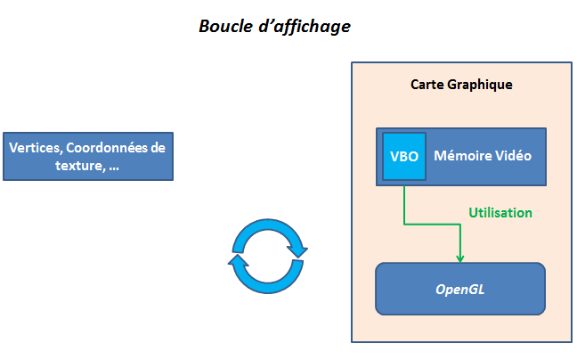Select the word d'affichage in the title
click(x=304, y=27)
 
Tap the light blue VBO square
click(x=403, y=156)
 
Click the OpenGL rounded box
click(x=459, y=289)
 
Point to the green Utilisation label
click(x=500, y=213)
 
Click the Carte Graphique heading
click(x=461, y=85)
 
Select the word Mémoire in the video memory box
click(x=463, y=155)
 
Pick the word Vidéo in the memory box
click(x=513, y=155)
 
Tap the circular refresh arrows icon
click(x=269, y=256)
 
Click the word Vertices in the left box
click(x=35, y=148)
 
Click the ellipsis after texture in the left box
click(x=113, y=167)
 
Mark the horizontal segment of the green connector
click(x=432, y=224)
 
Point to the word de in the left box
click(x=157, y=148)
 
